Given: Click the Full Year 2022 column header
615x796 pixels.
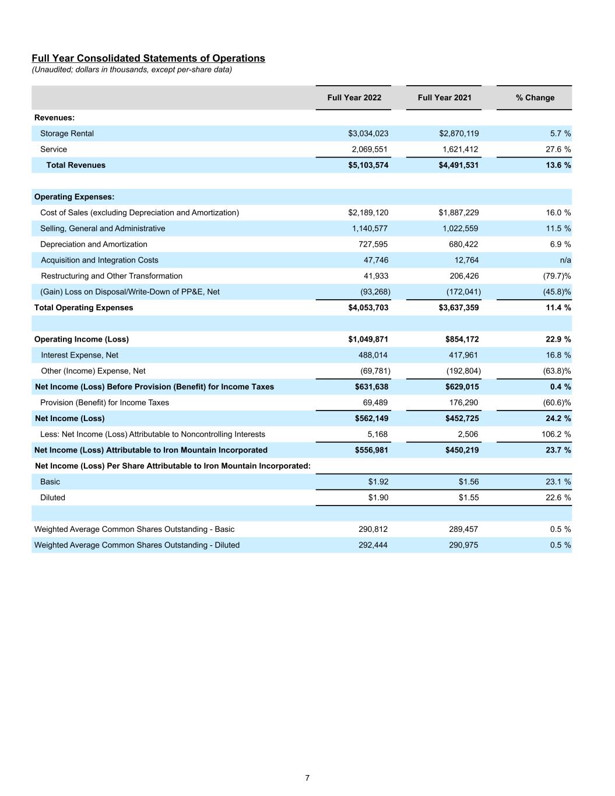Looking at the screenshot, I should click(354, 97).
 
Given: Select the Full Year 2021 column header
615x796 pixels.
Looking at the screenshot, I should click(444, 97).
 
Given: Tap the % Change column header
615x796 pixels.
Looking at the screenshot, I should click(535, 97).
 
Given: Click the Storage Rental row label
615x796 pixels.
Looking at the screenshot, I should click(66, 134).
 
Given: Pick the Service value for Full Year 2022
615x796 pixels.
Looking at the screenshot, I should click(369, 149).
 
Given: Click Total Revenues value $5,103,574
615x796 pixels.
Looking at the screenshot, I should click(368, 165).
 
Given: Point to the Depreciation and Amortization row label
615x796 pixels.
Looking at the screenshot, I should click(93, 244).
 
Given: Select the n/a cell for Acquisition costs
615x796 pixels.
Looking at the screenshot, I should click(565, 260).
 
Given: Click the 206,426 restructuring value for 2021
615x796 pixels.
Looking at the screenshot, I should click(461, 276).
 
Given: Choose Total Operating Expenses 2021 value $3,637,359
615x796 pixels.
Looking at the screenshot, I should click(458, 307).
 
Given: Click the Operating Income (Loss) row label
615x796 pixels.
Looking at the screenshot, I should click(82, 339).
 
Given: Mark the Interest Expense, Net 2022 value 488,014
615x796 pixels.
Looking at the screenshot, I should click(372, 355).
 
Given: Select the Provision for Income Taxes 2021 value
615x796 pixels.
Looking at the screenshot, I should click(463, 402).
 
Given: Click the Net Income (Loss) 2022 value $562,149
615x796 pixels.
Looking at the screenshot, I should click(371, 418).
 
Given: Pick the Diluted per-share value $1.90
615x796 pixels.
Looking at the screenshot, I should click(378, 497).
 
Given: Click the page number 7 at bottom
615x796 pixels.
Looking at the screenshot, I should click(307, 778).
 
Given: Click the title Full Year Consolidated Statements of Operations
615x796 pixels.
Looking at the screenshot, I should click(148, 58).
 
